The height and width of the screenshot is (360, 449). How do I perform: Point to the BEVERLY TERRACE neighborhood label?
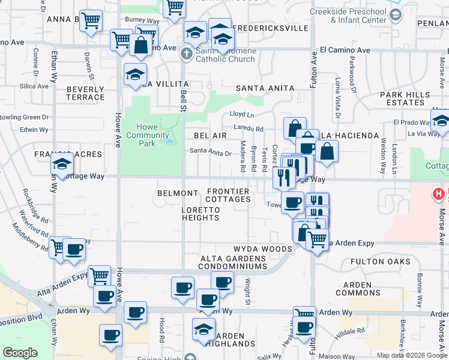pos(85,93)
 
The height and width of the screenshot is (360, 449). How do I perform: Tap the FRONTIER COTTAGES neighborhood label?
pos(228,195)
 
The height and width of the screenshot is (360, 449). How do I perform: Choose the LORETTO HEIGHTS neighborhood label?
pos(200,214)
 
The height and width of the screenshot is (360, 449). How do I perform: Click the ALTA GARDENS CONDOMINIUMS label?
pos(234,262)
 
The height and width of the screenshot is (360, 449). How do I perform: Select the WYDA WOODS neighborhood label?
pos(262,248)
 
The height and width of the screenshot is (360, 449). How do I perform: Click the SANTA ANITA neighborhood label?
pos(265,88)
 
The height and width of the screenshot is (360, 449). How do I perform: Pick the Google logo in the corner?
pos(20,353)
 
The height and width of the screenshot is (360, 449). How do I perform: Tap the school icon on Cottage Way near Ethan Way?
pos(62,164)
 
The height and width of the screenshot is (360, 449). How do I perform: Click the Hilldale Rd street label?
pos(353,331)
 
